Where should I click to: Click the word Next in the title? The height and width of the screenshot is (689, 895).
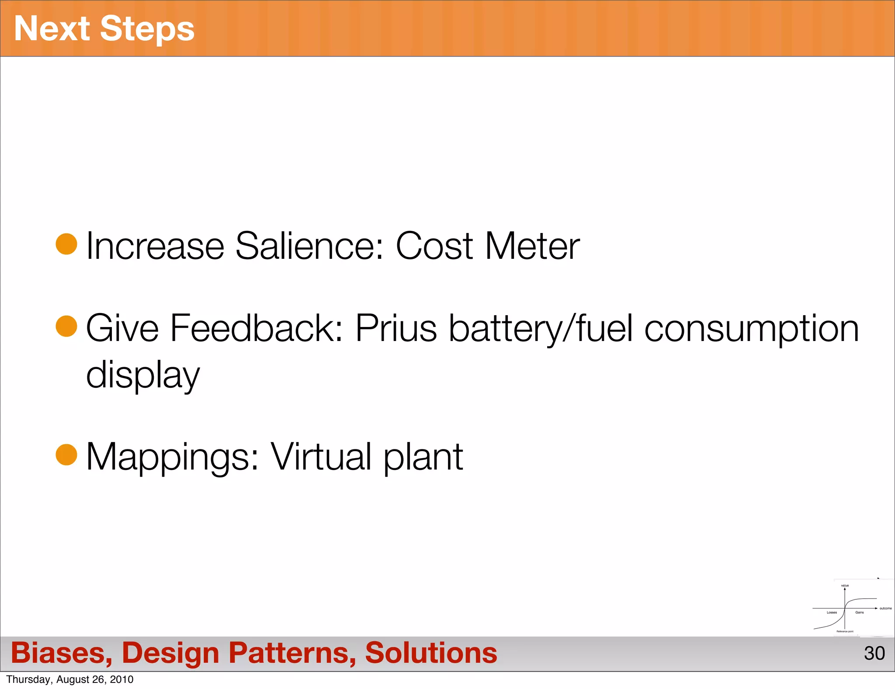pos(52,29)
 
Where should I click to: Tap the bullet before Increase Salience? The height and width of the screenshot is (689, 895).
pos(66,244)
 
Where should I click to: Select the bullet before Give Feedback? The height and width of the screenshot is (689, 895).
pos(66,326)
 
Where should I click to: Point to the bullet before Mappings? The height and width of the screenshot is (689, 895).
pos(66,455)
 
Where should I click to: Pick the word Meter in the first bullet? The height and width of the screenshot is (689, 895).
pos(532,246)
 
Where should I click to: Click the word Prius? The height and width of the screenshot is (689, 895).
pos(395,328)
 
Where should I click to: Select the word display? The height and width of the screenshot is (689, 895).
pos(142,375)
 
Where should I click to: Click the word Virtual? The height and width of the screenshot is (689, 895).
pos(321,457)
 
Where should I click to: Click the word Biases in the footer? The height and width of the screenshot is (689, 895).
pos(61,653)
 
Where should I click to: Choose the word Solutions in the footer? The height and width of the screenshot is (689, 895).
pos(431,653)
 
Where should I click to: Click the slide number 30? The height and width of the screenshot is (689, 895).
pos(874,653)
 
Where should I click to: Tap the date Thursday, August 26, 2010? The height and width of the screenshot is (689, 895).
pos(70,679)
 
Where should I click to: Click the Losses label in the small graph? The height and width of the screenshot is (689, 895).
pos(832,612)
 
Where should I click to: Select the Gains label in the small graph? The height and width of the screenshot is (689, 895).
pos(859,612)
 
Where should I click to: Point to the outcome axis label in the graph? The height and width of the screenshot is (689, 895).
pos(885,608)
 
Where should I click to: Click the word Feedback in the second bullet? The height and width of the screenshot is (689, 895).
pos(256,328)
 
